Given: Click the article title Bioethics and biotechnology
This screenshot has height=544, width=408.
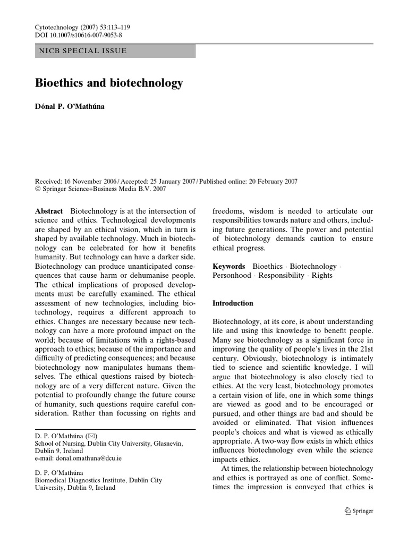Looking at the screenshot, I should click(109, 83).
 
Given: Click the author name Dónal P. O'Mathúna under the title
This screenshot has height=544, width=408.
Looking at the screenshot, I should click(70, 107).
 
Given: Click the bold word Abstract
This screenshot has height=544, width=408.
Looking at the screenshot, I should click(48, 211).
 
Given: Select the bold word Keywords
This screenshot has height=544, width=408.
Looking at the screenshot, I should click(229, 266).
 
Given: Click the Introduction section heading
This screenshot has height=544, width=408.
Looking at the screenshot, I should click(233, 303).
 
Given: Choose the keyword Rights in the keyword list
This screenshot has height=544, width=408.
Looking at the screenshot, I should click(322, 275).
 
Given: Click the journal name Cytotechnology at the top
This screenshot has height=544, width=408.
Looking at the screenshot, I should click(55, 25).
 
